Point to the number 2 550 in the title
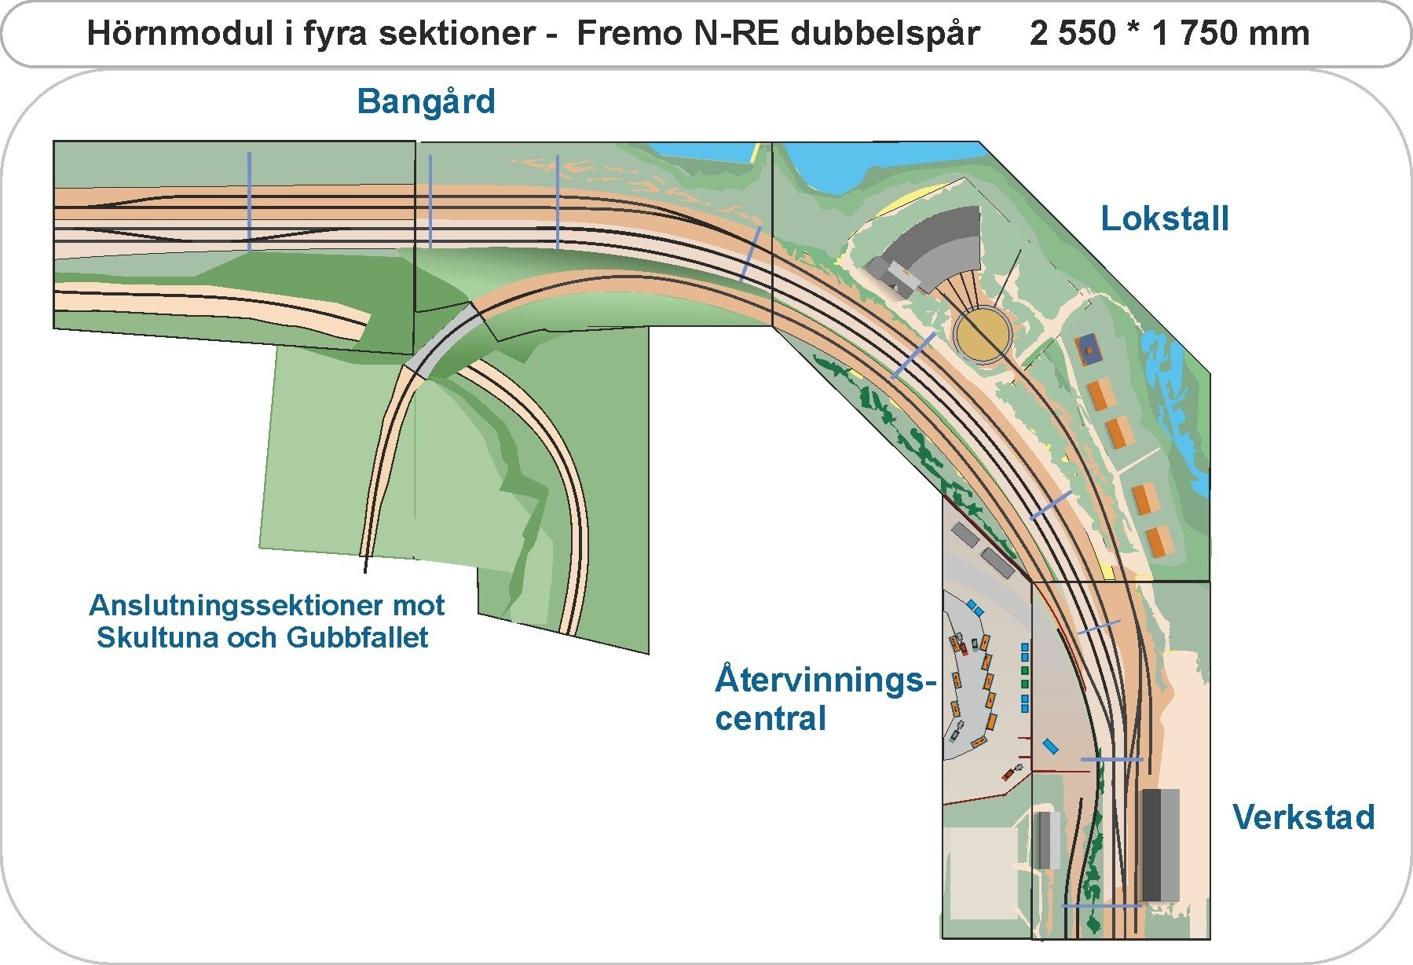click(1071, 34)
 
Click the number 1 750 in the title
click(1188, 34)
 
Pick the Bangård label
click(426, 102)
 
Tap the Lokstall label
click(1164, 218)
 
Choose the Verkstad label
click(1303, 817)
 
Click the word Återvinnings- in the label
click(825, 680)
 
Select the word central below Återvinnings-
click(771, 719)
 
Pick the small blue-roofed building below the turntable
click(1088, 348)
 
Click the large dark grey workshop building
click(1160, 844)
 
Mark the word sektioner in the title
click(470, 34)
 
